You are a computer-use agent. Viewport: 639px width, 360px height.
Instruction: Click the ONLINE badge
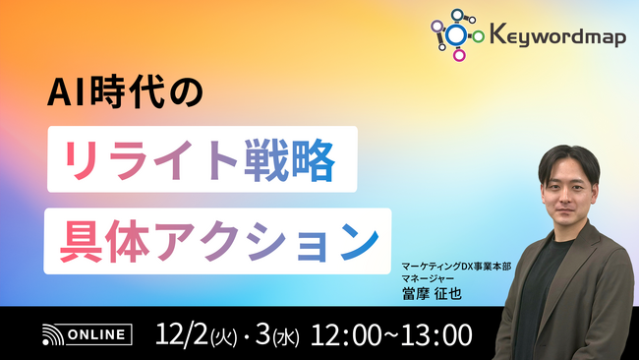pyautogui.click(x=99, y=334)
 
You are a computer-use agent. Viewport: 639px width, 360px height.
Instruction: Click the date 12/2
pyautogui.click(x=180, y=333)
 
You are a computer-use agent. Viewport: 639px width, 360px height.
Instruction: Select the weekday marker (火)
pyautogui.click(x=222, y=336)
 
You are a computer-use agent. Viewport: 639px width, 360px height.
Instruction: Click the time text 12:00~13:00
pyautogui.click(x=390, y=333)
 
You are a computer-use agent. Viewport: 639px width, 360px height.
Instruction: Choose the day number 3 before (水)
pyautogui.click(x=261, y=333)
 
